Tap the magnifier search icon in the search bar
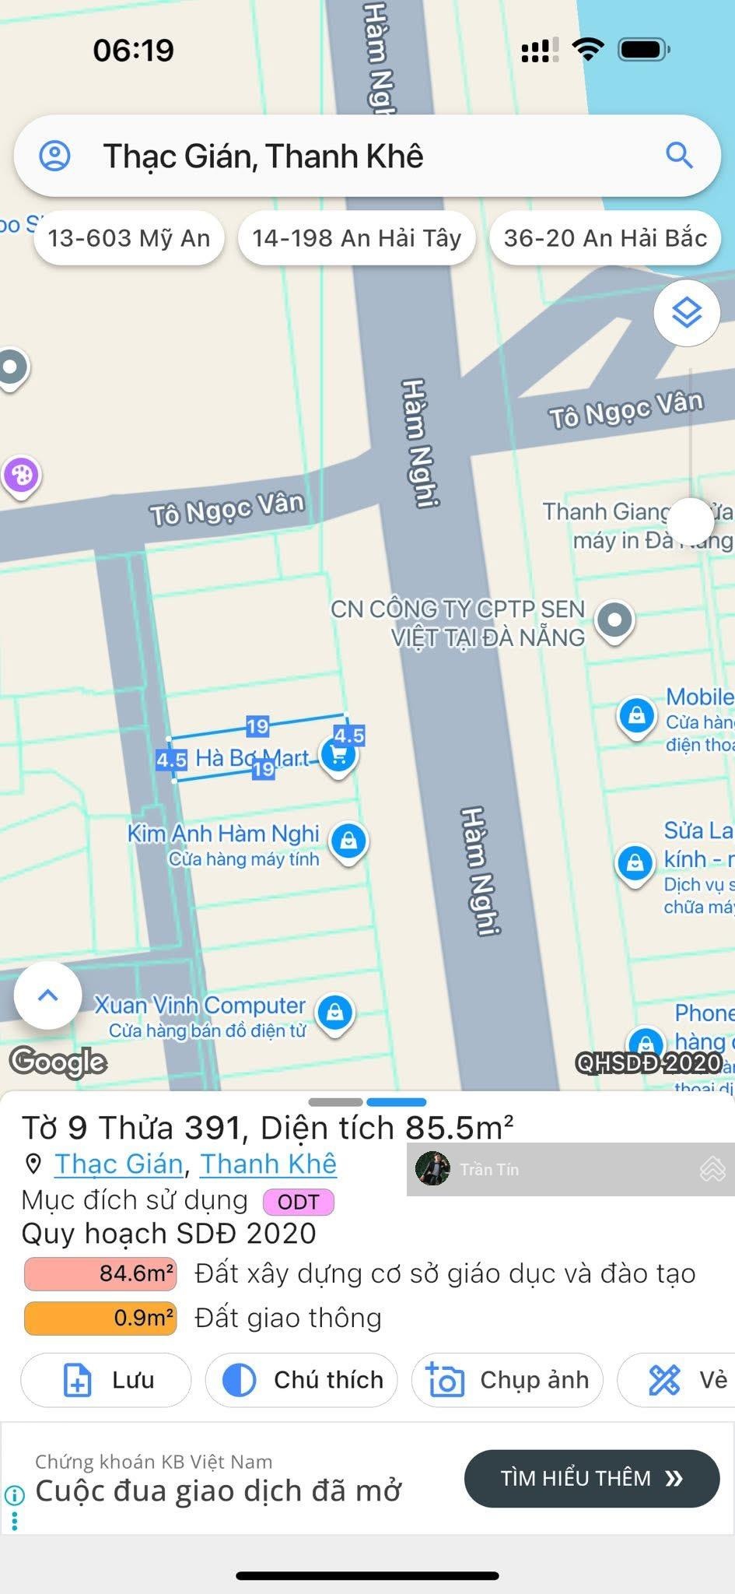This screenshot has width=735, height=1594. (x=679, y=156)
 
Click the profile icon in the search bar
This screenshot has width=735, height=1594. (x=55, y=156)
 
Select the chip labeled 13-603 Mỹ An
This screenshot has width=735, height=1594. (x=129, y=237)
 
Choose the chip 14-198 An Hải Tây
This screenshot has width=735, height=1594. (x=357, y=237)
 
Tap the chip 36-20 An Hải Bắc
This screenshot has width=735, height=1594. (x=605, y=237)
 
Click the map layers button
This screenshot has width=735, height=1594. (x=687, y=313)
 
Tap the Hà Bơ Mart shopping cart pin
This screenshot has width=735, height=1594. (x=338, y=754)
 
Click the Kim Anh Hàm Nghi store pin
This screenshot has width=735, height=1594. (x=348, y=841)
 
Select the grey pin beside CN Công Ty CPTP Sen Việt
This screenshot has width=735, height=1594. (x=614, y=620)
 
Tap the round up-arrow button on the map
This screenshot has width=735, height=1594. (x=48, y=995)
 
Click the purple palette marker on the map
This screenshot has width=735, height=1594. (x=21, y=474)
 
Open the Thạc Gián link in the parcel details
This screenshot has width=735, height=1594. (x=118, y=1164)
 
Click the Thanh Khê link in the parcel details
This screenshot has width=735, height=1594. (x=268, y=1164)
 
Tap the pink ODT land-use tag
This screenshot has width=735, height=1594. (x=299, y=1202)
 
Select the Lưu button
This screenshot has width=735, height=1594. (x=106, y=1380)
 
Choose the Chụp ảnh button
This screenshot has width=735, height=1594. (x=507, y=1380)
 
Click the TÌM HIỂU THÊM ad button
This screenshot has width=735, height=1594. (x=591, y=1478)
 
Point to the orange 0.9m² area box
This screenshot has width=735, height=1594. (x=100, y=1318)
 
